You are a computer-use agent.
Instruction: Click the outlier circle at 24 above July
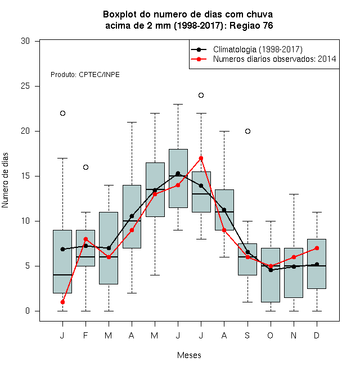201,96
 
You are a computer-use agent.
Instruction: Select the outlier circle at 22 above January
62,114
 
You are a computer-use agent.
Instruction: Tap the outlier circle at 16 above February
85,168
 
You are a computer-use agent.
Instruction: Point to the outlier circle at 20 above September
247,132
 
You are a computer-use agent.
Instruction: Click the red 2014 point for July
201,159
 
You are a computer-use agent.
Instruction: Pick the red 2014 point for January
62,302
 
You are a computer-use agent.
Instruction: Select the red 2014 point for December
317,248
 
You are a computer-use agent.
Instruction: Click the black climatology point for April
132,216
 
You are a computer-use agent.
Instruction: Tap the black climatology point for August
224,210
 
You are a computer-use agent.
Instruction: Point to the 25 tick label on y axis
25,86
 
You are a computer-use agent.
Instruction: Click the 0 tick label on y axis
28,311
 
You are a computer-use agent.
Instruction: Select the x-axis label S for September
247,335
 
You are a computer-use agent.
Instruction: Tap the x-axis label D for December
317,335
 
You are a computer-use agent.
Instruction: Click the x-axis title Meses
189,355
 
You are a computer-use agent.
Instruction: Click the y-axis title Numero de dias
5,180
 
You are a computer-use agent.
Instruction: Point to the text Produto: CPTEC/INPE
85,75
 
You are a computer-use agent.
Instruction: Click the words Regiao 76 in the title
251,25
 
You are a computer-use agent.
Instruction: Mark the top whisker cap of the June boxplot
178,104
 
